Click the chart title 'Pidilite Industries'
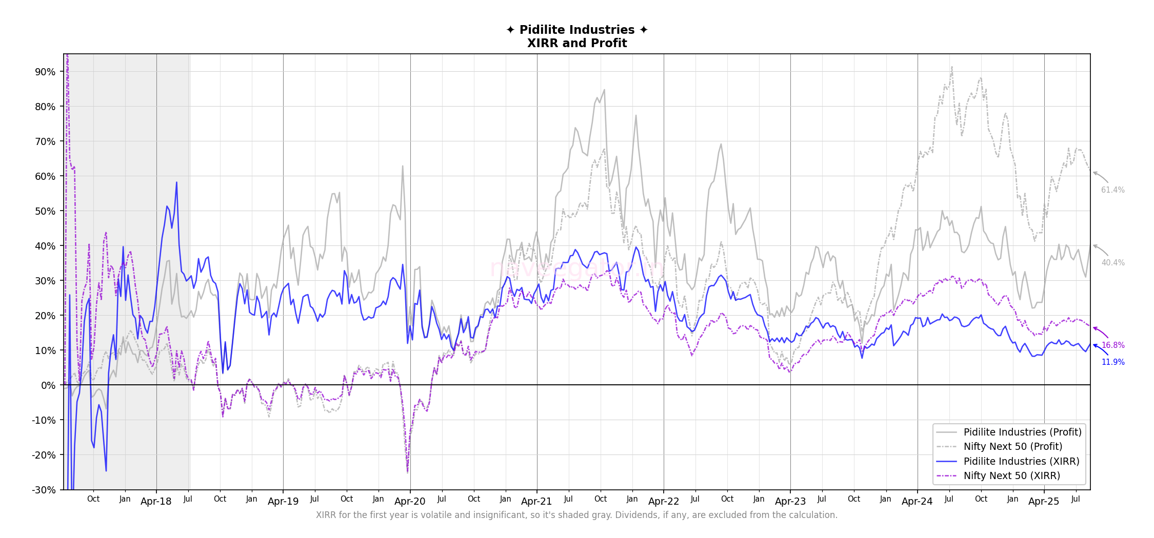pos(577,30)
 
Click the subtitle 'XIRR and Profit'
pos(577,43)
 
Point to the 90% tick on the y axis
pos(45,72)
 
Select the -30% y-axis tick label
pos(44,490)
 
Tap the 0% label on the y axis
pos(48,385)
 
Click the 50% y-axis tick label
pos(45,211)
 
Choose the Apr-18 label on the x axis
pos(156,502)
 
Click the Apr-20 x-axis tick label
pos(410,502)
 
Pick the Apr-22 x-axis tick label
pos(663,502)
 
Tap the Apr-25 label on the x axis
pos(1044,502)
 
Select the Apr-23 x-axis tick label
pos(790,502)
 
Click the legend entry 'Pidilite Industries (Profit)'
pos(1022,432)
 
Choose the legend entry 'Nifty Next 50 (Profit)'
pos(1012,446)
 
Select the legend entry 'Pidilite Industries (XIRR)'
pos(1021,461)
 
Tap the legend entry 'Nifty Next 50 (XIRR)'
pos(1011,475)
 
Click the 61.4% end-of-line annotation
pos(1112,190)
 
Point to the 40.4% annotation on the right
pos(1112,263)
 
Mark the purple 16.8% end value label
pos(1113,345)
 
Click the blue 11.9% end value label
pos(1113,362)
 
